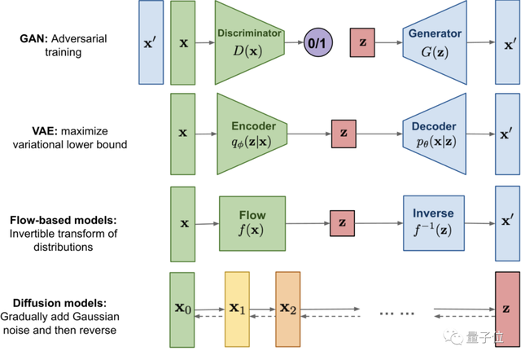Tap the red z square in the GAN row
361,42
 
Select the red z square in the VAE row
344,133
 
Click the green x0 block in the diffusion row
183,309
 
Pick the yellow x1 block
237,309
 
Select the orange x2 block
288,309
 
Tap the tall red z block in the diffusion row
507,309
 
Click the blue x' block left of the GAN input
151,42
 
